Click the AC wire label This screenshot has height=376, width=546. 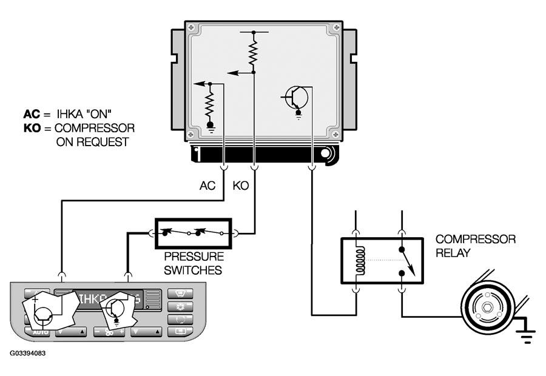click(207, 186)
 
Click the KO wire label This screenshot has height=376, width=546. click(241, 186)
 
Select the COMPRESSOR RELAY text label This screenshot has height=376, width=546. click(475, 246)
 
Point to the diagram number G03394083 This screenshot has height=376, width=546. click(27, 352)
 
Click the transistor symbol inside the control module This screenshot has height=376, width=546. click(296, 96)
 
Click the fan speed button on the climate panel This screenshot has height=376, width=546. click(109, 332)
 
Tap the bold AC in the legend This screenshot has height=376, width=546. click(31, 114)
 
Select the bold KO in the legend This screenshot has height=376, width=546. click(31, 129)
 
